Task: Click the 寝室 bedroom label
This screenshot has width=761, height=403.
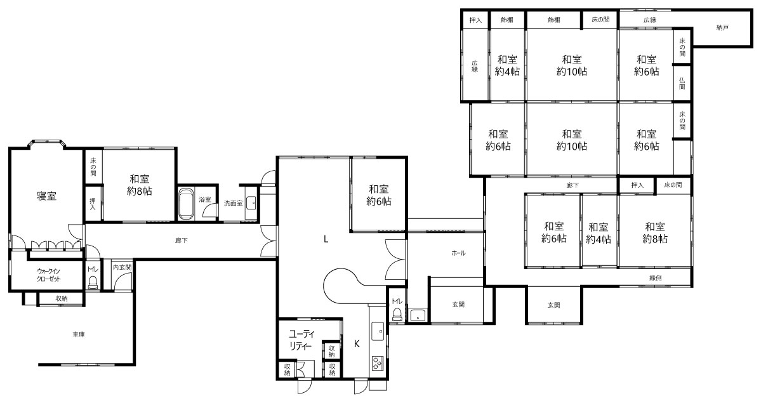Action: coord(46,196)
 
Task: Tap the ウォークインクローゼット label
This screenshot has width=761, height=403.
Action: coord(53,275)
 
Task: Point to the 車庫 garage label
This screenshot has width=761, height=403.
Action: coord(79,334)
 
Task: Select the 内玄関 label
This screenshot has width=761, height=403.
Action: coord(122,267)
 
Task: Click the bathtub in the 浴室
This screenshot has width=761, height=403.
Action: coord(187,205)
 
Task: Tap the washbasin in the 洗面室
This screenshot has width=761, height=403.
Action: coord(251,202)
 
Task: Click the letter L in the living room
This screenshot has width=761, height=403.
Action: coord(327,239)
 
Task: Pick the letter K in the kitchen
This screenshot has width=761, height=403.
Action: coord(357,344)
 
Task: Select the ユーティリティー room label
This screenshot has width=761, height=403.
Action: coord(302,340)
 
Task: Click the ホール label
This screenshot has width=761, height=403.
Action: coord(458,253)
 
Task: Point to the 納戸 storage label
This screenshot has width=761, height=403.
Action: coord(723,28)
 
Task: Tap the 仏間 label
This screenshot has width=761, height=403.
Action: coord(682,84)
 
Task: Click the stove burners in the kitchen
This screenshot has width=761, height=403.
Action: coord(377,363)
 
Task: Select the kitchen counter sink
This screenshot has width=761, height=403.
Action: coord(378,332)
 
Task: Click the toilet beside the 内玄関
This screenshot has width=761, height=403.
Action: coord(93,282)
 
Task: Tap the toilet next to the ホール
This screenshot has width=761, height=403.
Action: coord(397,315)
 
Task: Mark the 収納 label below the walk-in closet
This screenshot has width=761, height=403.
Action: coord(61,299)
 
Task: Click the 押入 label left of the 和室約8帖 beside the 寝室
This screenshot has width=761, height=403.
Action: coord(93,204)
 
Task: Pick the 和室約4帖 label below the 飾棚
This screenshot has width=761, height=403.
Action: coord(507,65)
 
